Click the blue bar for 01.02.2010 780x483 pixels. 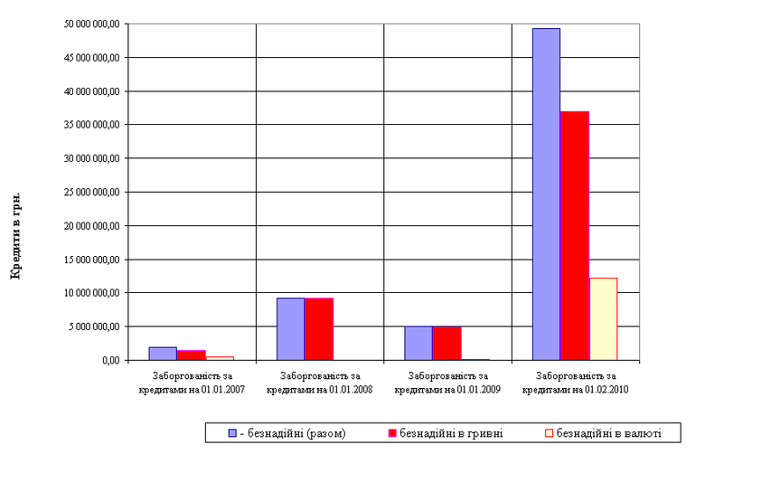pyautogui.click(x=546, y=194)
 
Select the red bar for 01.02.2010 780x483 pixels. pyautogui.click(x=575, y=235)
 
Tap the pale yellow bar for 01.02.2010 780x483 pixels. pyautogui.click(x=603, y=318)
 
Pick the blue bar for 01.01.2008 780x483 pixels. pyautogui.click(x=290, y=328)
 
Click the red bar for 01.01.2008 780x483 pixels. pyautogui.click(x=318, y=328)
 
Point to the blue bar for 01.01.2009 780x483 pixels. pyautogui.click(x=418, y=343)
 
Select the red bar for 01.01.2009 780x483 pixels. pyautogui.click(x=446, y=343)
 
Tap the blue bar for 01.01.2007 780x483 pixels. pyautogui.click(x=163, y=353)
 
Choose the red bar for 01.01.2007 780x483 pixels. pyautogui.click(x=191, y=355)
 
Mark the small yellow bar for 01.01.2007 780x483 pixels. pyautogui.click(x=219, y=357)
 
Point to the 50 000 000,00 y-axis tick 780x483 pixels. pyautogui.click(x=89, y=24)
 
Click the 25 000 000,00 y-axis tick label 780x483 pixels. pyautogui.click(x=89, y=192)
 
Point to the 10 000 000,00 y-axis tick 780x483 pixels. pyautogui.click(x=89, y=293)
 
